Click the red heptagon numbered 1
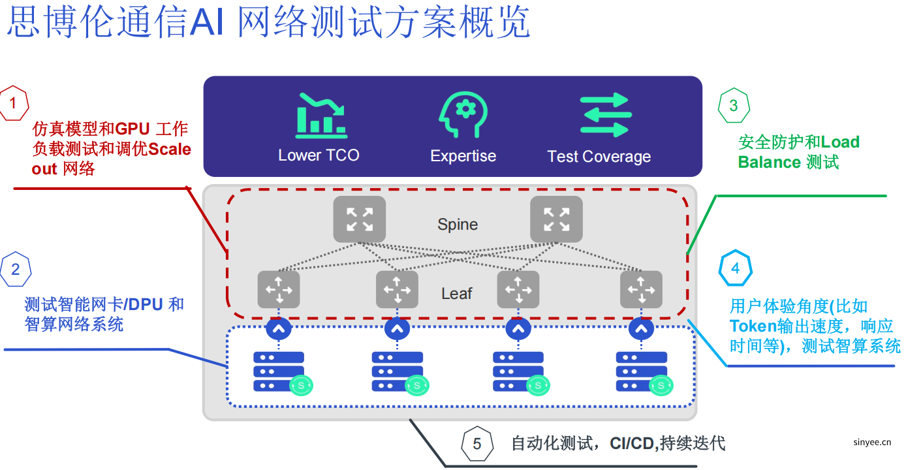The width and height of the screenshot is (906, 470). [14, 103]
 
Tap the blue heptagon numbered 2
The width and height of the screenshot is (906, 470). [16, 269]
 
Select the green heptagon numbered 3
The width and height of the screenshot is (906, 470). [734, 105]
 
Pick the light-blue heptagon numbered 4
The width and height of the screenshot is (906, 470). [736, 268]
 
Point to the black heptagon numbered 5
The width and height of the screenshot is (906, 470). [477, 444]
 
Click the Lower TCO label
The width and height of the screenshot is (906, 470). [319, 155]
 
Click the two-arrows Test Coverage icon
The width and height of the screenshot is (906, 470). [605, 116]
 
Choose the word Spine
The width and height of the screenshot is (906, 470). [458, 225]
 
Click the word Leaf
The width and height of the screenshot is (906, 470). [456, 294]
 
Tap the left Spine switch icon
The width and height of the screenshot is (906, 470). [360, 219]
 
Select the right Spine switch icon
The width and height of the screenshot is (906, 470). [556, 219]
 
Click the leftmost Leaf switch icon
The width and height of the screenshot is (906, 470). [279, 289]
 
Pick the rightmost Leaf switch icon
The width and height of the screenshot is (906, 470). [641, 289]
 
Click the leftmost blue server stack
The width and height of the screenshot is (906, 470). [279, 371]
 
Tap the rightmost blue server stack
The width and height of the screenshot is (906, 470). [641, 371]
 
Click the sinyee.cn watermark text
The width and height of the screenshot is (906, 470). [872, 442]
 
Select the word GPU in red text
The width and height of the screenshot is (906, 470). [133, 129]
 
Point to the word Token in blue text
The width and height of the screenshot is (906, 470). [753, 326]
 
